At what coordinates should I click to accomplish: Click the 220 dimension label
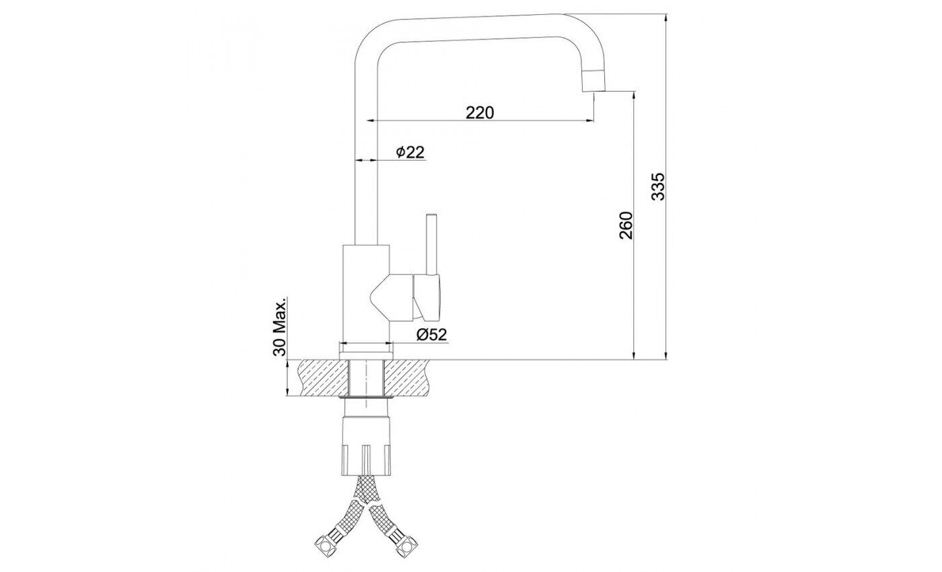(x=480, y=113)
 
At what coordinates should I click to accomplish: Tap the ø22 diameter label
(x=410, y=152)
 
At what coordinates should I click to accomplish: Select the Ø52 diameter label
(x=431, y=335)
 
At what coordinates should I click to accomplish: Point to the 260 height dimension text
(x=626, y=225)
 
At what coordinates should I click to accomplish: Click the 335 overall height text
(x=658, y=186)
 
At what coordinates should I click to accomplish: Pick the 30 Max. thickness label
(x=280, y=326)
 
